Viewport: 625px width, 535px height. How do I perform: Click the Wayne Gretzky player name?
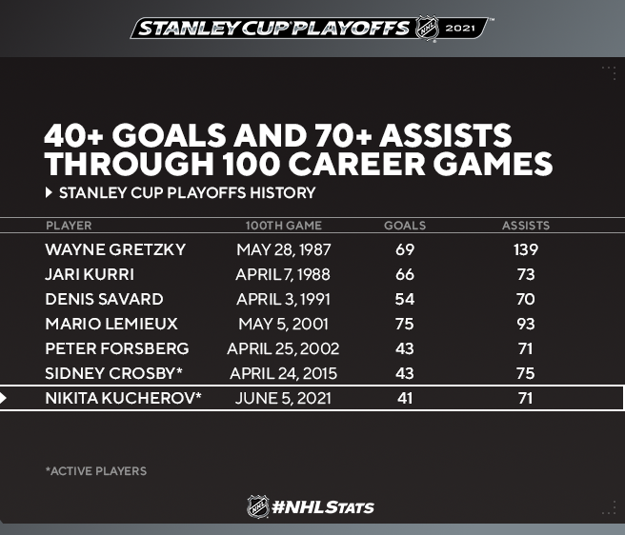point(115,249)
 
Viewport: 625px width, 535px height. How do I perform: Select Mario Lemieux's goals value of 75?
point(405,324)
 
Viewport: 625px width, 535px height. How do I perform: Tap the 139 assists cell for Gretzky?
point(526,249)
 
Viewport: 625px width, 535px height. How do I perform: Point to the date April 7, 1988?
point(283,274)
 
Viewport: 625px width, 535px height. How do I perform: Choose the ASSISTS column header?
point(526,226)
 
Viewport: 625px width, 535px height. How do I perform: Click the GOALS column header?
point(405,226)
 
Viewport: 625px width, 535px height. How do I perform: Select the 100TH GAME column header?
point(283,226)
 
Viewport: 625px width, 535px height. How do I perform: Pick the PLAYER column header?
point(69,226)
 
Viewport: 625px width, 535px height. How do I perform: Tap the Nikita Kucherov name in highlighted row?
point(123,398)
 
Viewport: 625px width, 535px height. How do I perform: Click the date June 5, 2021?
point(283,398)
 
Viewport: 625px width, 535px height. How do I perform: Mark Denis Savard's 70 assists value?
point(526,299)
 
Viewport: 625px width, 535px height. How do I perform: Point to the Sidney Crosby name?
point(113,373)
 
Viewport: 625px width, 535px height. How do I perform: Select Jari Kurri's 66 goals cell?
point(405,274)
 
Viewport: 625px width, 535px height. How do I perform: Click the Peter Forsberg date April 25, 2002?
point(283,348)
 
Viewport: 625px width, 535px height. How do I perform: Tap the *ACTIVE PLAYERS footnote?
point(96,471)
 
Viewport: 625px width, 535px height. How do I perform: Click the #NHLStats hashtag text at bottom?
point(323,507)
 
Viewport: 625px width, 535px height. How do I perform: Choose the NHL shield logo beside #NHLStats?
point(258,506)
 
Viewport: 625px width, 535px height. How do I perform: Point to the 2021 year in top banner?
point(460,29)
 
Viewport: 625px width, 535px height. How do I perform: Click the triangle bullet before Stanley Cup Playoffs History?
point(49,193)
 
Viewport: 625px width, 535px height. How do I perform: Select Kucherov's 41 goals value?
point(405,398)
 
